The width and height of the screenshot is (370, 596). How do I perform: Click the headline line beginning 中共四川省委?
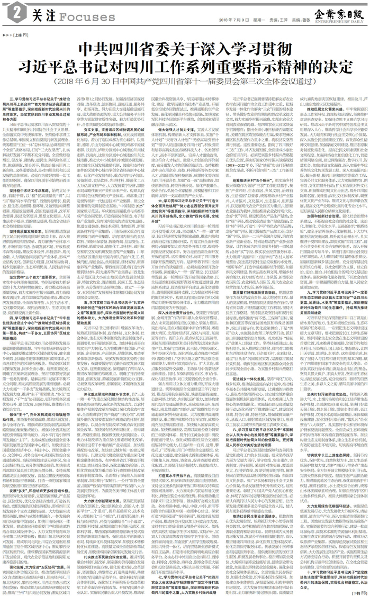point(185,49)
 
